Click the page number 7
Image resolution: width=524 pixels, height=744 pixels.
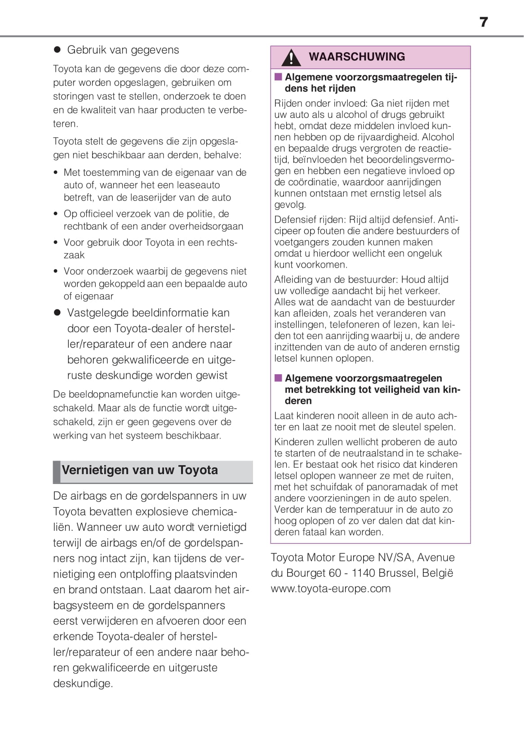[484, 22]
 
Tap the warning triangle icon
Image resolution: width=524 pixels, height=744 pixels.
[291, 58]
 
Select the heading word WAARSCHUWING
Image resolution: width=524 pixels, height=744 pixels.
[357, 57]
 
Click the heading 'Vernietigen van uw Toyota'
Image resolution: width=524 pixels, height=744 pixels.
[140, 470]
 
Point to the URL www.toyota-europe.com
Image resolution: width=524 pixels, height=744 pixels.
[331, 588]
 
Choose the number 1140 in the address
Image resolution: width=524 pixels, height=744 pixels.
[361, 573]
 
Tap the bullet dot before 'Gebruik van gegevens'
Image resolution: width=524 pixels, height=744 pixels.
[57, 50]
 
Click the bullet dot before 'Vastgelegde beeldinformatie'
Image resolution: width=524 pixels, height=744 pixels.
[57, 313]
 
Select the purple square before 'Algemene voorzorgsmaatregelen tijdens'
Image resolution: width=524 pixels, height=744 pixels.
[278, 77]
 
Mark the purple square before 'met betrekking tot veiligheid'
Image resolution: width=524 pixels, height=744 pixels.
[278, 378]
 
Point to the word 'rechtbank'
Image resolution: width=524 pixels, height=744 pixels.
[84, 226]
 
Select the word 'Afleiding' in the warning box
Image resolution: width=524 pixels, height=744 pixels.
[293, 279]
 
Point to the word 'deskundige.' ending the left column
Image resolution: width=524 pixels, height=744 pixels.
[83, 683]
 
